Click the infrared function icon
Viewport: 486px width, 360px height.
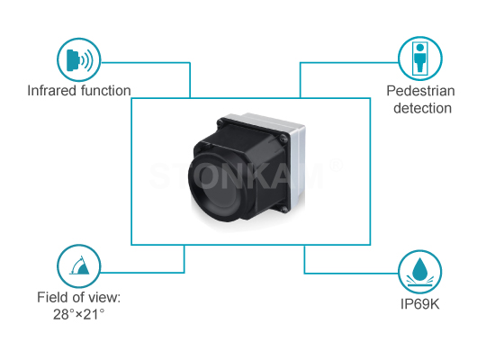tap(79, 59)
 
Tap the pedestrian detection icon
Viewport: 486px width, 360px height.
tap(420, 58)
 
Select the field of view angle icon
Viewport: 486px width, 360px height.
tap(79, 266)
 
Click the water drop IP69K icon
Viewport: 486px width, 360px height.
tap(420, 272)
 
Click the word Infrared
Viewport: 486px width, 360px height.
tap(52, 91)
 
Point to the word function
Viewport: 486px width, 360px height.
tap(105, 91)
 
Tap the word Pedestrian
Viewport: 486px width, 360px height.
tap(420, 91)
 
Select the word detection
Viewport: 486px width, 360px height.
tap(422, 108)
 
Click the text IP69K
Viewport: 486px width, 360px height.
tap(420, 304)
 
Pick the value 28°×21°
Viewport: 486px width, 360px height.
tap(78, 314)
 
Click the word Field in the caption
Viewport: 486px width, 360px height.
tap(50, 297)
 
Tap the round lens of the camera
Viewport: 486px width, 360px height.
tap(216, 187)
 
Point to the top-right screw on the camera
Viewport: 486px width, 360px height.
tap(284, 139)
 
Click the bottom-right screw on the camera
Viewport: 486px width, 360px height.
tap(284, 210)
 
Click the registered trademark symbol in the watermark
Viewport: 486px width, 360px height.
tap(336, 166)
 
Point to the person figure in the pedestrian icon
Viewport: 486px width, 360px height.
tap(420, 58)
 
